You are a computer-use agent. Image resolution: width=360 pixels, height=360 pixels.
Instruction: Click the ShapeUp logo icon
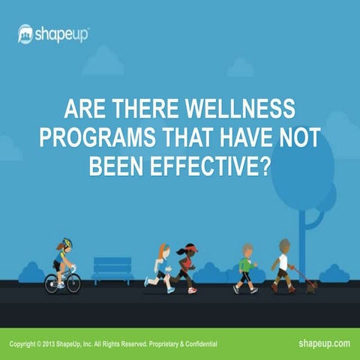point(26,34)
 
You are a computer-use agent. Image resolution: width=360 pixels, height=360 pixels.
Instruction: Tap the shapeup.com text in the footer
point(323,343)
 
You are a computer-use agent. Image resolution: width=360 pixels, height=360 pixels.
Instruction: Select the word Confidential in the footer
point(197,343)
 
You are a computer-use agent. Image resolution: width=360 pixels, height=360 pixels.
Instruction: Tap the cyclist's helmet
point(66,244)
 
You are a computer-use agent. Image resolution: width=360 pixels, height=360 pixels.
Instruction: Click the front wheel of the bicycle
point(73,283)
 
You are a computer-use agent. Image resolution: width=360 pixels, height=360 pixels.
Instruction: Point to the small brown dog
point(310,285)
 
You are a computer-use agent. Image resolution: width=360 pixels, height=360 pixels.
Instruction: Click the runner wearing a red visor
point(187,266)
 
